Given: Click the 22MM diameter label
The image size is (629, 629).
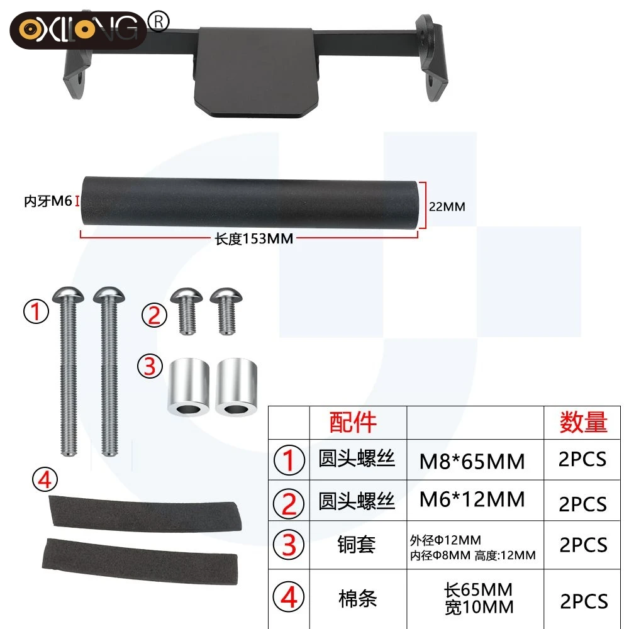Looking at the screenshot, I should click(x=447, y=206).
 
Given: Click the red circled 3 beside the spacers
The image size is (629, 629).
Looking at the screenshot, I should click(x=150, y=367).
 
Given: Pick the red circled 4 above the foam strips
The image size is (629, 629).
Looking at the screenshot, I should click(x=44, y=481).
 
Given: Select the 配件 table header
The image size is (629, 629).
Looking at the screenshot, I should click(x=353, y=422).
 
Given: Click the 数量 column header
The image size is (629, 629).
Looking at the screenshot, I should click(x=583, y=422).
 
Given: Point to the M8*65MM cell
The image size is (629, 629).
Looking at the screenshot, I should click(x=472, y=462).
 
